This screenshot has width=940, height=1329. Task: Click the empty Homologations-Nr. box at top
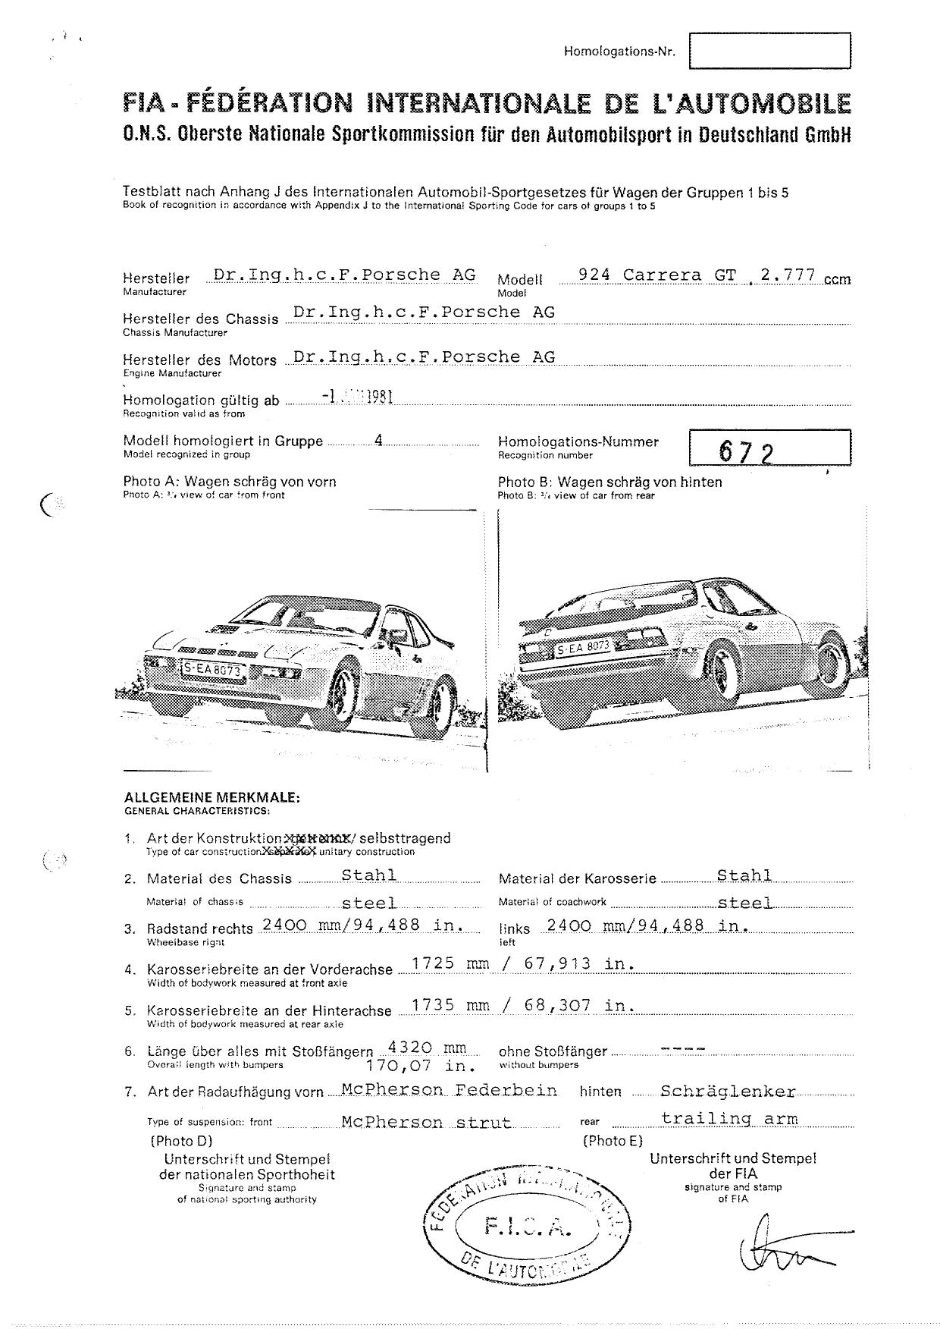click(769, 51)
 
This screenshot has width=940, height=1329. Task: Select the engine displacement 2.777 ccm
click(804, 276)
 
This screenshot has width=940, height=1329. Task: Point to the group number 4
click(378, 441)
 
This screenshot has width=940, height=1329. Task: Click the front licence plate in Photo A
click(212, 669)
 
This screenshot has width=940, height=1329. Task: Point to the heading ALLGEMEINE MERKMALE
click(211, 797)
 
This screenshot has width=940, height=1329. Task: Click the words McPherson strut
click(426, 1122)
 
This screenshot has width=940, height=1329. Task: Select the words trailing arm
click(729, 1117)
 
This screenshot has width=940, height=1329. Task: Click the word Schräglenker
click(728, 1091)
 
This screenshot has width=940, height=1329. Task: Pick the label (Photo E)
click(612, 1140)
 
